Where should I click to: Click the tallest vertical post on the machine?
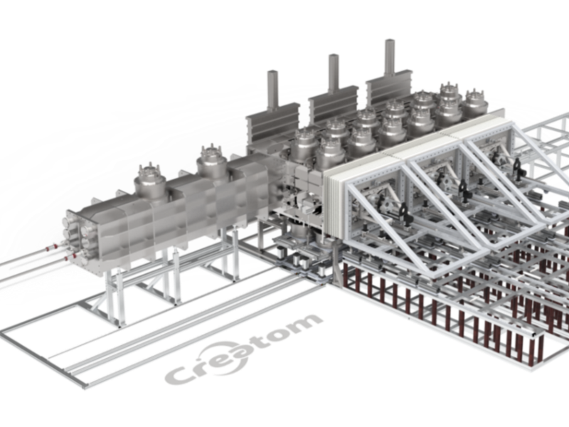[390, 60]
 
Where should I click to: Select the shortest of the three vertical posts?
[273, 89]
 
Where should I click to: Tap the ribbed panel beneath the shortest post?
[273, 123]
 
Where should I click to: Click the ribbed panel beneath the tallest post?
[389, 92]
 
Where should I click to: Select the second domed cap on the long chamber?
[213, 162]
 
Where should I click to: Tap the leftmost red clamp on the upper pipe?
[48, 248]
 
